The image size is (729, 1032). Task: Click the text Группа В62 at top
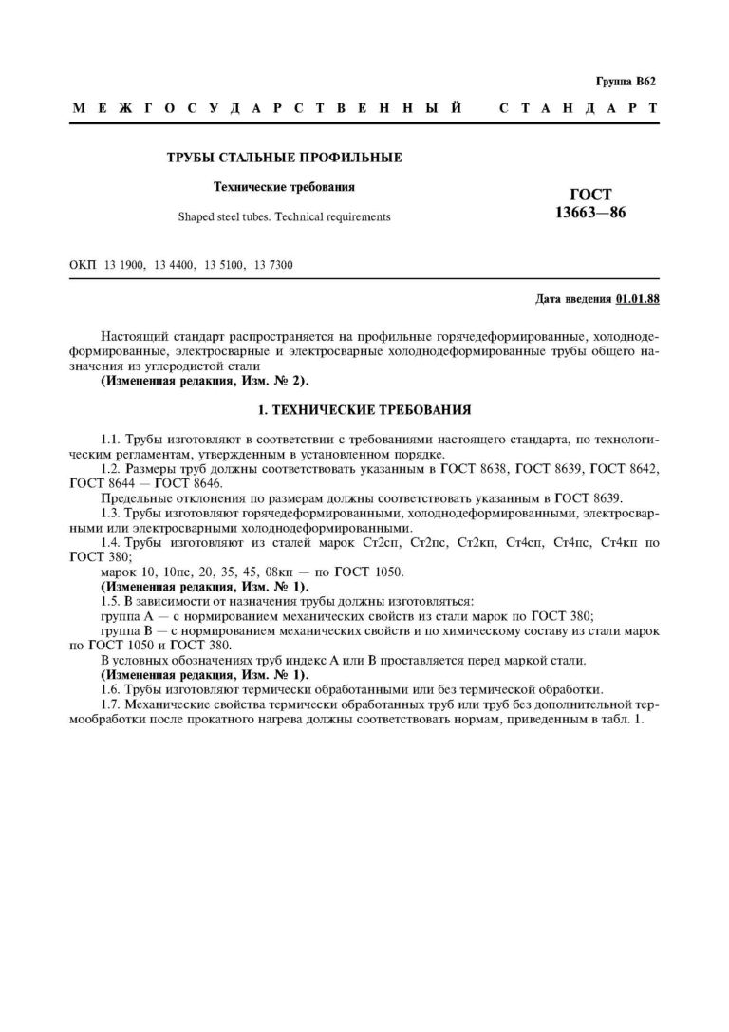click(626, 83)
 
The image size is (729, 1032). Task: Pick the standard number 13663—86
click(590, 211)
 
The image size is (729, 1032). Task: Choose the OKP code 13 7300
click(273, 265)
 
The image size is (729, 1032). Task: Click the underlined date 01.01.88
click(637, 299)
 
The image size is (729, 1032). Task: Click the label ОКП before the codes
click(84, 265)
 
